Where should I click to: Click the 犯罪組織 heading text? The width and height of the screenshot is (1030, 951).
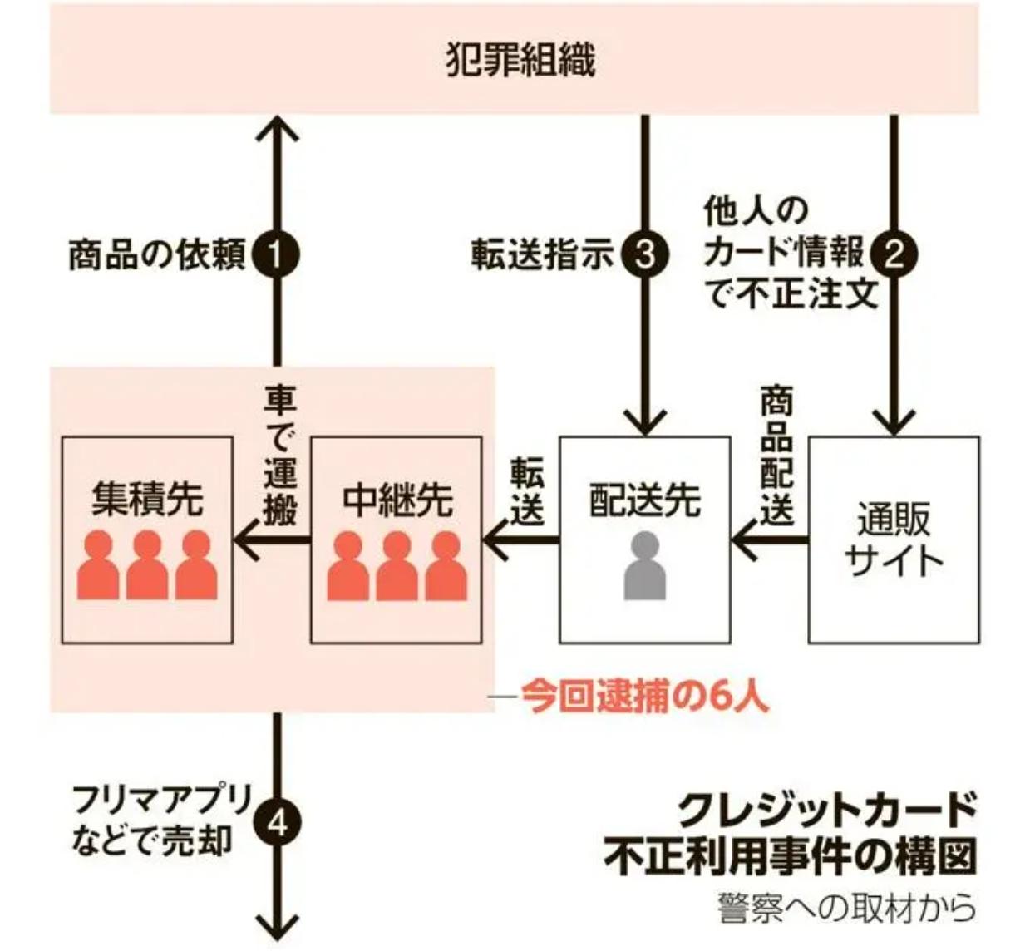(x=520, y=59)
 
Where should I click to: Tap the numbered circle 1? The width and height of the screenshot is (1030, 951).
(x=276, y=254)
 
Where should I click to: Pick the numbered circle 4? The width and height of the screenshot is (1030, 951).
(x=278, y=823)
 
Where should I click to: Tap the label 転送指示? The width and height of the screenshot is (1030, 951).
(x=542, y=254)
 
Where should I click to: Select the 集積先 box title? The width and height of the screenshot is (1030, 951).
(x=147, y=499)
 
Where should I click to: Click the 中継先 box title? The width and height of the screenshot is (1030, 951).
(x=397, y=499)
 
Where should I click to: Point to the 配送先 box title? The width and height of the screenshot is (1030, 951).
(x=645, y=500)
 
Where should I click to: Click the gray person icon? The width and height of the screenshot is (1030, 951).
(x=644, y=565)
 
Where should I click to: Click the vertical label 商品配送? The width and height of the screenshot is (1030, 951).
(x=777, y=456)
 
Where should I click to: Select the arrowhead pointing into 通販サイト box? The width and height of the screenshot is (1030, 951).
(x=894, y=423)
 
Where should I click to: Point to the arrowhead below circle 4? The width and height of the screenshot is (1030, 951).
(x=278, y=927)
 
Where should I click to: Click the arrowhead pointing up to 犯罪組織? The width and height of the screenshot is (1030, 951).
(x=278, y=129)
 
